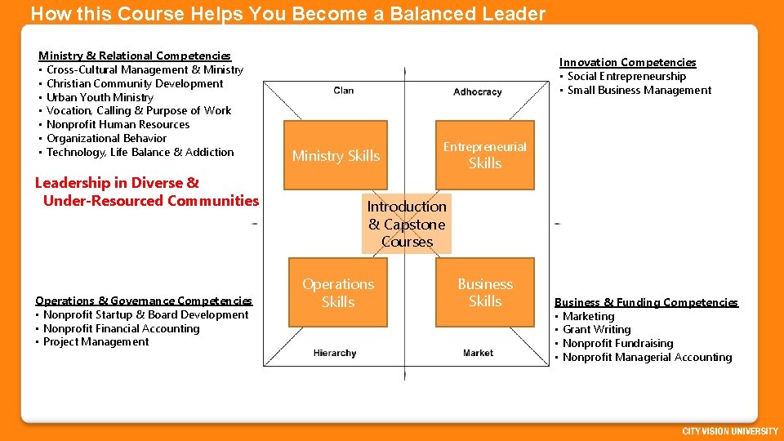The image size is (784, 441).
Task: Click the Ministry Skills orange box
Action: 336,155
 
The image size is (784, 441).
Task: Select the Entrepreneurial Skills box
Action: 485,155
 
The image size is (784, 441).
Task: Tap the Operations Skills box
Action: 337,292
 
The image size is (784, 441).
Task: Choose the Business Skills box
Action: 485,292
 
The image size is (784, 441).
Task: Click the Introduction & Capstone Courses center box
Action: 407,224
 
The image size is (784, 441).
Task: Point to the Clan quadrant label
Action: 344,91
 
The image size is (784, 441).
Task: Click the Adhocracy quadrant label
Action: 477,91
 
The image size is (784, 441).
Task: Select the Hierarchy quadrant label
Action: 335,353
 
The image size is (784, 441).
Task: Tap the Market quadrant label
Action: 478,353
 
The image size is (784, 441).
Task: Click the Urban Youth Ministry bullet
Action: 100,97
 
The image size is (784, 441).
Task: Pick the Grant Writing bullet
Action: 596,329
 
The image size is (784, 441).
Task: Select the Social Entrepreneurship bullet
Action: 626,76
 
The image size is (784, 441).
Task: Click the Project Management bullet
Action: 96,341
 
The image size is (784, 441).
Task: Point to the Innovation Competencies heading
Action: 627,62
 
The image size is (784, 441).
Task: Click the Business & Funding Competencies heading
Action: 646,302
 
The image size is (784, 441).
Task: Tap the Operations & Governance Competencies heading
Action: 144,301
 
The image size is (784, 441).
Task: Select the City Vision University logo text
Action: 728,430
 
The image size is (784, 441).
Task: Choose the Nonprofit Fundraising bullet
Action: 617,343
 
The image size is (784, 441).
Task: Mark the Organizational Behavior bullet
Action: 106,138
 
